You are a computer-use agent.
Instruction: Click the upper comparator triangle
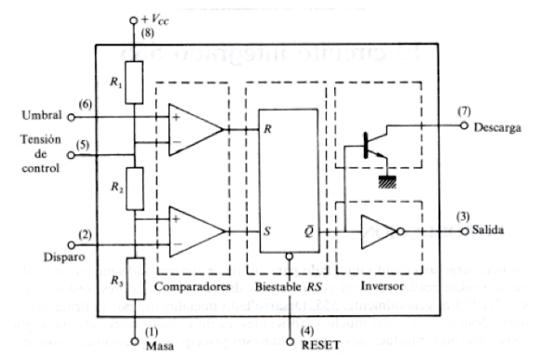pos(195,128)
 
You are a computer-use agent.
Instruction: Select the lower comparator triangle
pos(195,228)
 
